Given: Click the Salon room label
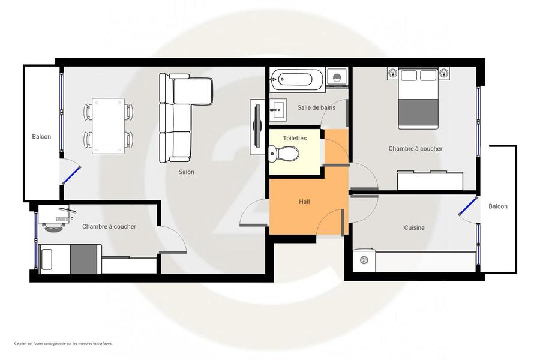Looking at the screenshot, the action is [x=187, y=172].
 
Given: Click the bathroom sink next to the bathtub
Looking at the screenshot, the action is [x=278, y=110].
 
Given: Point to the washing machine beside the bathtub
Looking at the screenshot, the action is [x=337, y=76].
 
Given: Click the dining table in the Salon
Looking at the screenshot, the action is [x=108, y=126].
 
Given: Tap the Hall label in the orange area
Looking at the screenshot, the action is [x=304, y=202].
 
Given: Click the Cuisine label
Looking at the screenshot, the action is [x=414, y=227].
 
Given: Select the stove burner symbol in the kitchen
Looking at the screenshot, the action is [x=364, y=260].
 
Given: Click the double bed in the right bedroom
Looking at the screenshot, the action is [x=418, y=98].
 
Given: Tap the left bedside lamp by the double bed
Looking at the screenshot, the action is [x=392, y=73].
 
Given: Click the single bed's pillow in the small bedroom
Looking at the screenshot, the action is [x=46, y=259].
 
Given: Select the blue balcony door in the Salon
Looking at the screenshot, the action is [x=71, y=175].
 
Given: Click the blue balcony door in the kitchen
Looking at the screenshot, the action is [x=467, y=206].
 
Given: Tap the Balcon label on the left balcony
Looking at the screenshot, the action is [x=41, y=136].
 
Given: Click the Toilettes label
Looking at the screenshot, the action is [x=295, y=138].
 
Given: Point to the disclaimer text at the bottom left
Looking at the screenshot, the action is [x=64, y=343].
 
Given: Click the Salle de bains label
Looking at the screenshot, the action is [x=316, y=107].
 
